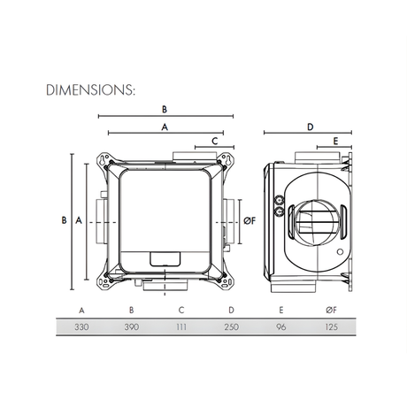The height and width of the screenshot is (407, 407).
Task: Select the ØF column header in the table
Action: pyautogui.click(x=330, y=310)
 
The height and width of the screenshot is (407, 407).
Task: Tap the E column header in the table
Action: pyautogui.click(x=280, y=310)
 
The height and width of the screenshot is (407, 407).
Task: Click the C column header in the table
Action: pyautogui.click(x=180, y=310)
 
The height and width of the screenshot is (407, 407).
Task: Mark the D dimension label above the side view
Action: pyautogui.click(x=311, y=127)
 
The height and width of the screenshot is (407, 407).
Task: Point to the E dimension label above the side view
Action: pyautogui.click(x=336, y=142)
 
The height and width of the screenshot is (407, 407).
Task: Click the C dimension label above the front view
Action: pyautogui.click(x=215, y=142)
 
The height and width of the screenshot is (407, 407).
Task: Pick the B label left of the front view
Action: pyautogui.click(x=63, y=219)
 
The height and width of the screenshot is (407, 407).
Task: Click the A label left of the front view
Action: pyautogui.click(x=79, y=219)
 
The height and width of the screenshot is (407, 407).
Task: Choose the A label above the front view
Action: pyautogui.click(x=165, y=127)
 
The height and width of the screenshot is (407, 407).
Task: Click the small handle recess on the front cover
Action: pyautogui.click(x=165, y=258)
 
